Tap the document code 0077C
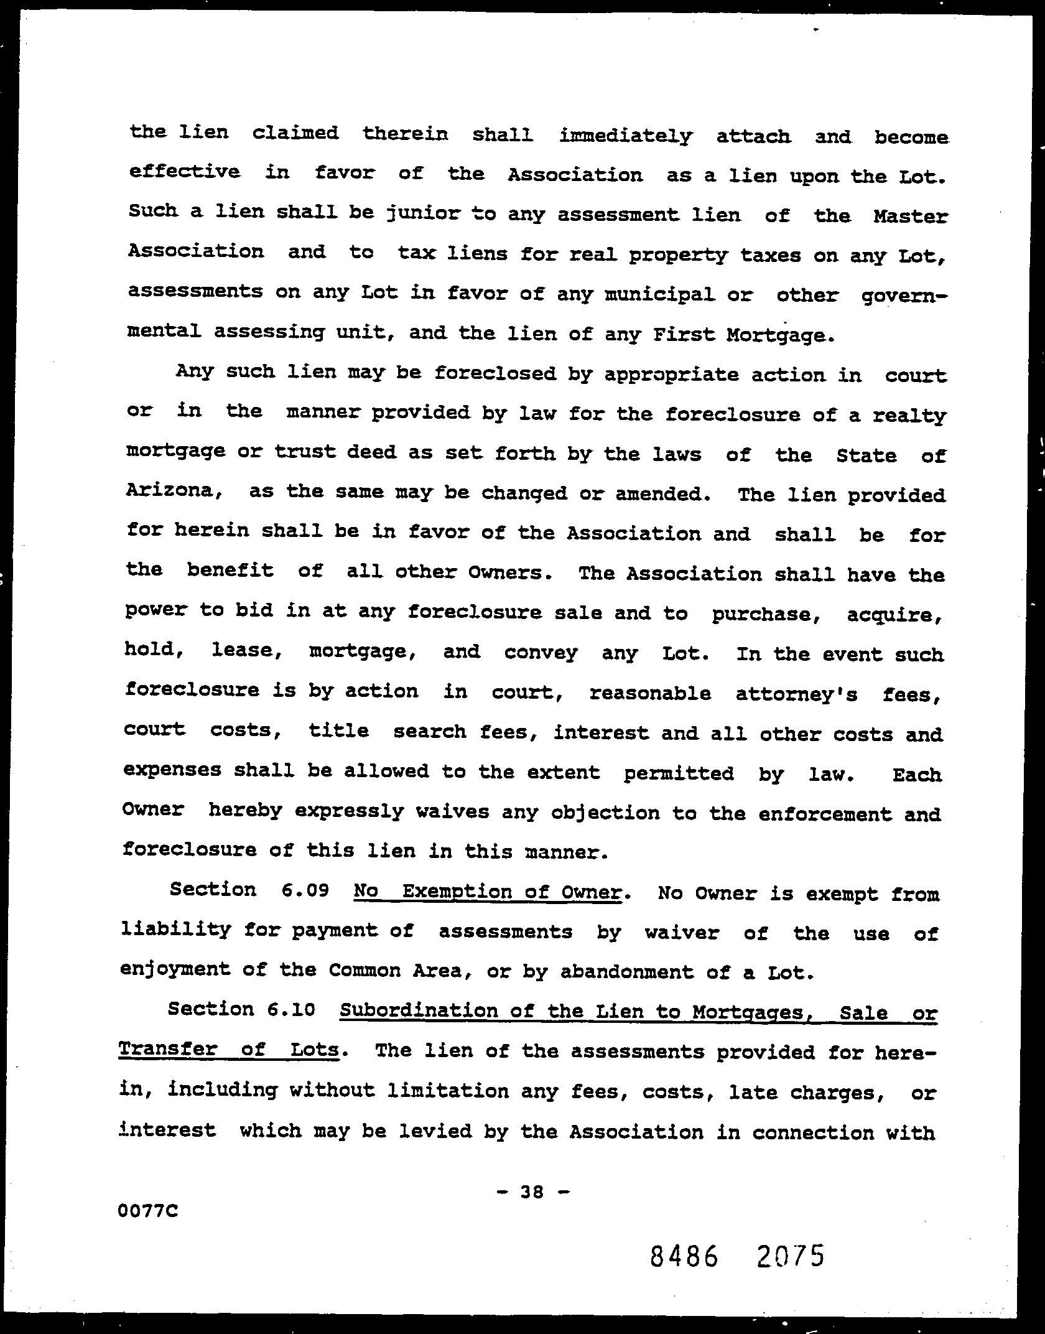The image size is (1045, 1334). tap(147, 1211)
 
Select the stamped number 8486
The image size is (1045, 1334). tap(684, 1256)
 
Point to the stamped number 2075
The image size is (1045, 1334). tap(791, 1256)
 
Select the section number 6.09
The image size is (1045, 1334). tap(304, 890)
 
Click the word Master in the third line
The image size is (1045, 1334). tap(911, 217)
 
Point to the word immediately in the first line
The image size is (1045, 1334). tap(625, 136)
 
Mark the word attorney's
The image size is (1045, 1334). tap(797, 694)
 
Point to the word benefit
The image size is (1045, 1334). tap(230, 570)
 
